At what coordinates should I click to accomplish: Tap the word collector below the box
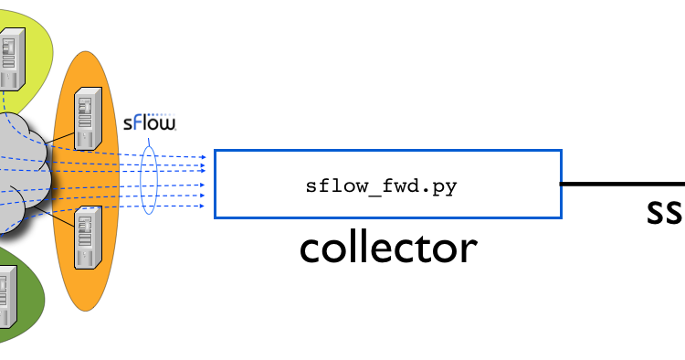[388, 248]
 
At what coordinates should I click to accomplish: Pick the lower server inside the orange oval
[87, 235]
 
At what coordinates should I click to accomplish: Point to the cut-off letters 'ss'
[664, 213]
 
